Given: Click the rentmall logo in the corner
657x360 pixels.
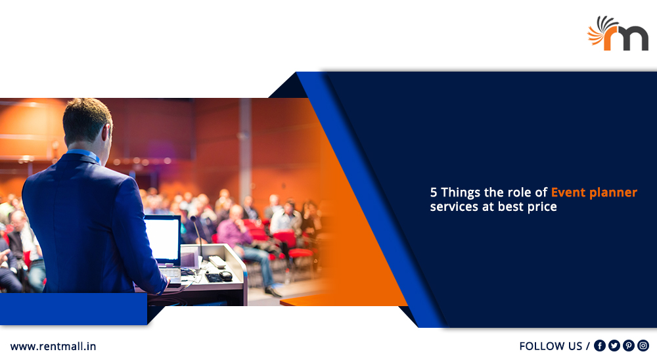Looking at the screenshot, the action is pyautogui.click(x=618, y=34).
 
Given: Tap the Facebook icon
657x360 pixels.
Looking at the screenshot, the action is pyautogui.click(x=600, y=346).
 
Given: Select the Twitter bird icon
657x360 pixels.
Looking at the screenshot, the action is pyautogui.click(x=614, y=346).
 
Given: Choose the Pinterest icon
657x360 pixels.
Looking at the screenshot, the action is pyautogui.click(x=629, y=346).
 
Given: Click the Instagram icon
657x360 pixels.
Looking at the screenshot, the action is pyautogui.click(x=643, y=346).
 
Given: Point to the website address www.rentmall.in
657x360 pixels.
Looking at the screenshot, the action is pyautogui.click(x=53, y=347).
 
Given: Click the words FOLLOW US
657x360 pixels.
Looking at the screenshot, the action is pyautogui.click(x=551, y=346).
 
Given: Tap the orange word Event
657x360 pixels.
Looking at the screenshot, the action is pyautogui.click(x=568, y=192).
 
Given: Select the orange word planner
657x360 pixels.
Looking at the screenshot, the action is pyautogui.click(x=614, y=193).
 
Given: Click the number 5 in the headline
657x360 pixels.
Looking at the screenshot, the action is pyautogui.click(x=433, y=192).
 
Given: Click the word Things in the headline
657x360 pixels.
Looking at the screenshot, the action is pyautogui.click(x=461, y=192).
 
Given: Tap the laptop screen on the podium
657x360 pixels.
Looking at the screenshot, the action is pyautogui.click(x=162, y=239).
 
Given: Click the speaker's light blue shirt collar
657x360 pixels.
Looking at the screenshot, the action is pyautogui.click(x=84, y=154).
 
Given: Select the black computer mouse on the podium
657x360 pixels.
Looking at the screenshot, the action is pyautogui.click(x=225, y=275).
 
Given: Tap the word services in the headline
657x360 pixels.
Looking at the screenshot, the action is pyautogui.click(x=455, y=207).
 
